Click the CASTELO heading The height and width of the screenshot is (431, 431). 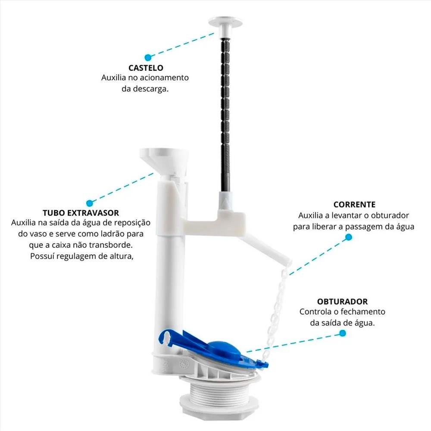pos(146,68)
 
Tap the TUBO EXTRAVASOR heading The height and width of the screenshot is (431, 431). pos(81,213)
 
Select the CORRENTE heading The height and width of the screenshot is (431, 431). pos(354,204)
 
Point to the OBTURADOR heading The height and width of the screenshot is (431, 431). pos(342,302)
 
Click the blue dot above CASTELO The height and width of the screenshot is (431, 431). pos(148,57)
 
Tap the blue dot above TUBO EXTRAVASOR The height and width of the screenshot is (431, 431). pos(89,203)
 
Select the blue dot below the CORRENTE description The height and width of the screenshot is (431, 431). pos(349,237)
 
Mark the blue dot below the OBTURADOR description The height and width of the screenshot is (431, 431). pos(343,333)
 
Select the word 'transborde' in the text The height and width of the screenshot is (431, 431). pos(112,245)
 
